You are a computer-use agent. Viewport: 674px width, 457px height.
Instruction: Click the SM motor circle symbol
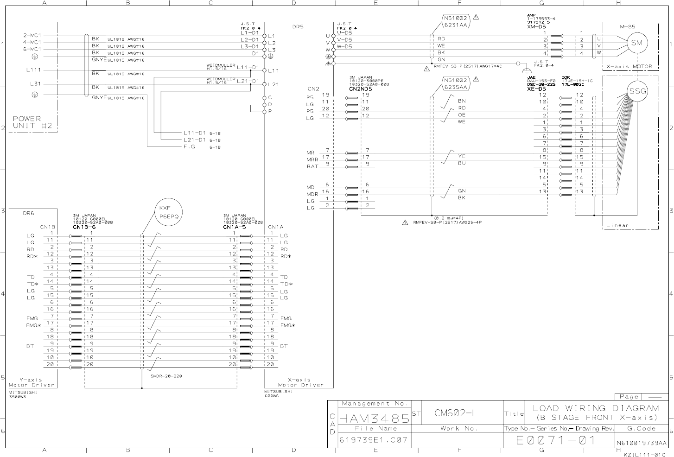pyautogui.click(x=637, y=43)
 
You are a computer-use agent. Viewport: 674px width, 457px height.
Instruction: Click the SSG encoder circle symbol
pyautogui.click(x=637, y=91)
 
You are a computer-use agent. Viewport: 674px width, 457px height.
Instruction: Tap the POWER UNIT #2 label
pyautogui.click(x=27, y=122)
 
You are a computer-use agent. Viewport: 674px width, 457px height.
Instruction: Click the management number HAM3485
pyautogui.click(x=375, y=419)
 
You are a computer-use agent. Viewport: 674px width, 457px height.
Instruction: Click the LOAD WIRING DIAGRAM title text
pyautogui.click(x=596, y=408)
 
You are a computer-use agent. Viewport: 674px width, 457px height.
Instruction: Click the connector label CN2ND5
pyautogui.click(x=360, y=89)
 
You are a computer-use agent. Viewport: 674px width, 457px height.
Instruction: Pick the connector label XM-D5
pyautogui.click(x=536, y=27)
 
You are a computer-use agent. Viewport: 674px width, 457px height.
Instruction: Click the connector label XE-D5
pyautogui.click(x=536, y=89)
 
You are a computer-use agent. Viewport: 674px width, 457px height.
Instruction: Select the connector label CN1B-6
pyautogui.click(x=84, y=227)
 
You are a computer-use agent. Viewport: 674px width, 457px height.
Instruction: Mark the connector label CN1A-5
pyautogui.click(x=235, y=227)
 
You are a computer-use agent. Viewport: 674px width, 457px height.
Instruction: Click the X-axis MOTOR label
pyautogui.click(x=629, y=67)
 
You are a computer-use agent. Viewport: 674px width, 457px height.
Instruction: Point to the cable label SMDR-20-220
pyautogui.click(x=166, y=376)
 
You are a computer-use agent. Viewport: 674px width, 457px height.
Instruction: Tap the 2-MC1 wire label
pyautogui.click(x=32, y=35)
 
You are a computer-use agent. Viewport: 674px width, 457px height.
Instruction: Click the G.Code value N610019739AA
pyautogui.click(x=642, y=443)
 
